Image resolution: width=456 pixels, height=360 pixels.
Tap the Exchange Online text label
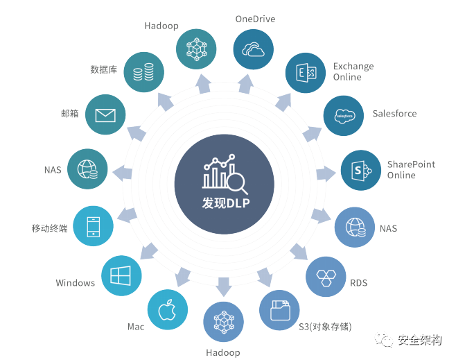(x=353, y=71)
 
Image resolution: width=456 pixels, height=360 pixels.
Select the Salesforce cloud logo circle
(x=344, y=115)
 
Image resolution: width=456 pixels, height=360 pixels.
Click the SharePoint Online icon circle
(x=360, y=170)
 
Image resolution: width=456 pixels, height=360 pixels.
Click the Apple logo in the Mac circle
(x=168, y=309)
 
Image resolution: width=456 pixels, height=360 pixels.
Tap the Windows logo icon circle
(x=121, y=276)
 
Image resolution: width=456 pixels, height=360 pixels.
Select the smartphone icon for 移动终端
(x=93, y=227)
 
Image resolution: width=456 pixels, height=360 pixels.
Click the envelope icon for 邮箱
(x=105, y=114)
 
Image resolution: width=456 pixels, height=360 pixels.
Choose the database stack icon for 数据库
(x=144, y=71)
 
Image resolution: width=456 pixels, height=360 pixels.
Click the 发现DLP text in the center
(x=225, y=203)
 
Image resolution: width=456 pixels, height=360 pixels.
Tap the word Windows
(x=76, y=283)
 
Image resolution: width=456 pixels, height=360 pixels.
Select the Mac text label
(x=136, y=326)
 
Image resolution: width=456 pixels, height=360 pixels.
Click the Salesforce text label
(x=394, y=113)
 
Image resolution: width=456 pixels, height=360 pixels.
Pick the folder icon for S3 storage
(x=279, y=310)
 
